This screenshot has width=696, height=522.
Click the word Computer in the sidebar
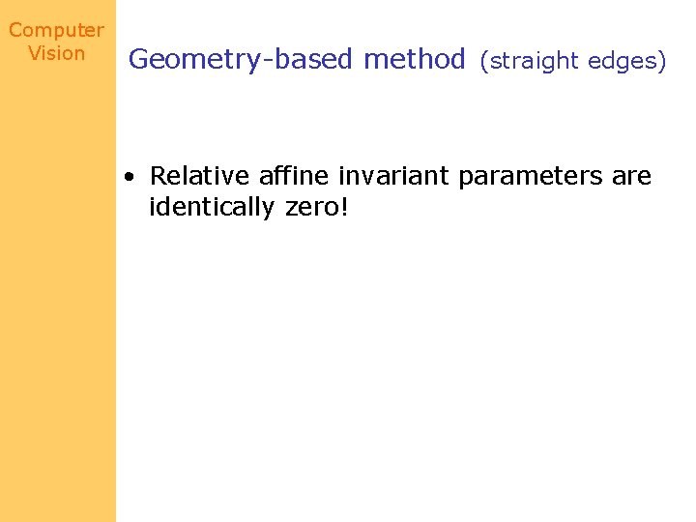point(56,30)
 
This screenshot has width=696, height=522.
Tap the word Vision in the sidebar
point(57,53)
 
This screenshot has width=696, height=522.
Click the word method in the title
point(415,60)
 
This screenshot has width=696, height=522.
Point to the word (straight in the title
point(528,62)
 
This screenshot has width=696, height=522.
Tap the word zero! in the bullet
point(317,207)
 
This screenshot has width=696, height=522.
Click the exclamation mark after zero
point(343,206)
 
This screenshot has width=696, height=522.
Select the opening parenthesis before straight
point(485,62)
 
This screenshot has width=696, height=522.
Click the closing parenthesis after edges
point(662,62)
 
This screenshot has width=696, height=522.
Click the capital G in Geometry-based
point(139,60)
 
